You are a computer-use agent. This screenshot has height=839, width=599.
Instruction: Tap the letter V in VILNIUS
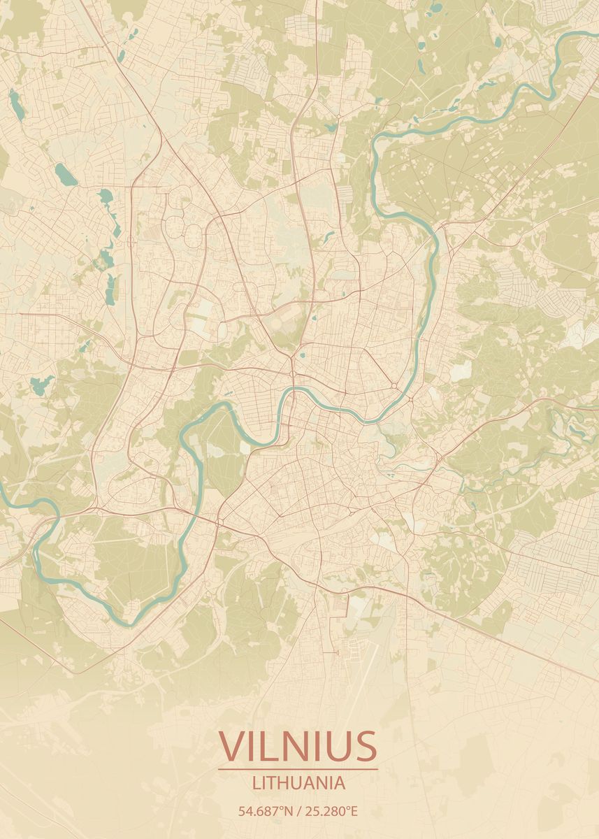[x=231, y=746]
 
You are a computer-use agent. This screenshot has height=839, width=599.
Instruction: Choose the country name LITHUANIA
[x=298, y=783]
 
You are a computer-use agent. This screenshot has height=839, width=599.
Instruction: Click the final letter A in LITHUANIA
[x=340, y=783]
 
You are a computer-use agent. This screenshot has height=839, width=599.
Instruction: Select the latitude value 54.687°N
[x=265, y=812]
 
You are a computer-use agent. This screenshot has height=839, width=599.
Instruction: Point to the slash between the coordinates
[x=298, y=812]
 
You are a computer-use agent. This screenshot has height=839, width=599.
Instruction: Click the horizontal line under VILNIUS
[x=298, y=770]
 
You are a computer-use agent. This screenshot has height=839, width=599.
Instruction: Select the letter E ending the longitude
[x=354, y=812]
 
